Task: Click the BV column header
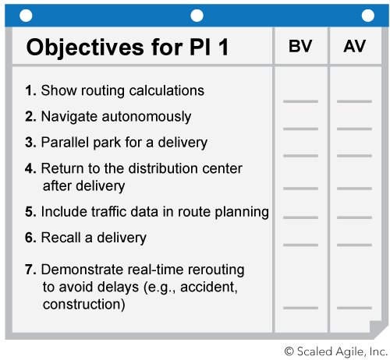pos(300,46)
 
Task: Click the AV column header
pos(354,46)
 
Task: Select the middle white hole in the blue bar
pos(197,16)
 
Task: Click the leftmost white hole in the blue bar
pos(26,16)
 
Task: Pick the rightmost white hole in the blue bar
pos(368,16)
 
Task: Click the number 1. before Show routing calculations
pos(30,90)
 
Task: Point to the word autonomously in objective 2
pos(147,117)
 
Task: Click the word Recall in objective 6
pos(61,238)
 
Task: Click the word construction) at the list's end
pos(84,304)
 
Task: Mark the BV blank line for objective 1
pos(300,101)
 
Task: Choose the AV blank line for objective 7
pos(354,308)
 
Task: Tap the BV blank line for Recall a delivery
pos(300,245)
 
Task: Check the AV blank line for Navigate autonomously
pos(354,129)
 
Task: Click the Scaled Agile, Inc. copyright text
pos(336,351)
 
